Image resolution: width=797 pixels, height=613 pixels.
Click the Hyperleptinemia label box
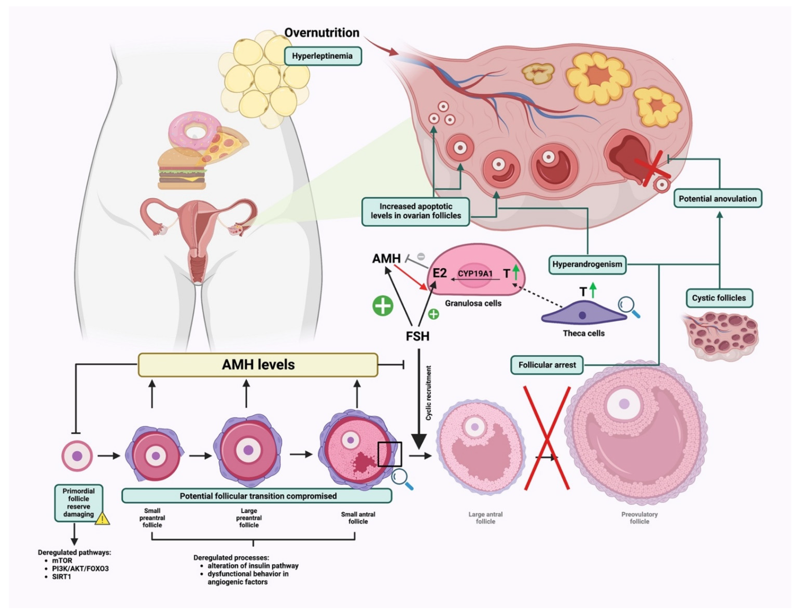[x=322, y=56]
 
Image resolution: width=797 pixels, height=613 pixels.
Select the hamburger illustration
[x=181, y=169]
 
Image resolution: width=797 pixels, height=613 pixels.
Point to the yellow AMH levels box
[x=258, y=365]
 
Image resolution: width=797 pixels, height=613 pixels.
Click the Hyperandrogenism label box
[x=587, y=264]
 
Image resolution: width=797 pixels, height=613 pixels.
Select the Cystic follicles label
[x=719, y=298]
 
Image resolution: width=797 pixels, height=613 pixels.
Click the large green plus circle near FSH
[x=383, y=306]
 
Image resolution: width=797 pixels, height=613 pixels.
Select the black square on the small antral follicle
[x=389, y=454]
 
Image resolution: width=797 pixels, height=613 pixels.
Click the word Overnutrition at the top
[x=322, y=33]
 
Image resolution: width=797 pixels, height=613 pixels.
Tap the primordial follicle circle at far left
[x=77, y=456]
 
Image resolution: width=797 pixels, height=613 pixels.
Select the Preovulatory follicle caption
[x=639, y=518]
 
